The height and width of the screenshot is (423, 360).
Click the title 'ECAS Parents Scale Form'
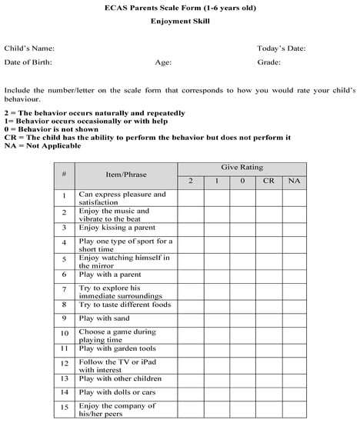[x=180, y=8]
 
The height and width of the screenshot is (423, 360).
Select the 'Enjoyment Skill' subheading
[x=180, y=23]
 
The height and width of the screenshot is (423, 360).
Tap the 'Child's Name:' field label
[x=29, y=48]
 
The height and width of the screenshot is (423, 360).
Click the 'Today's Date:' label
[x=281, y=48]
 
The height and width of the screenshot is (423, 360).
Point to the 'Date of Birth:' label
[x=30, y=62]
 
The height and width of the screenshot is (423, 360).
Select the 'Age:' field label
[x=163, y=62]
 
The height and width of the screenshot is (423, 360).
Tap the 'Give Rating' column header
[x=242, y=167]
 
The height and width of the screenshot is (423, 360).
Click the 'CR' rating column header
[x=268, y=181]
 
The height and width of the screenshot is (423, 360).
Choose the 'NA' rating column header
[x=294, y=181]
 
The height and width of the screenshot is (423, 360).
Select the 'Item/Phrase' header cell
[x=126, y=174]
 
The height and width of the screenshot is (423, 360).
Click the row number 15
[x=64, y=408]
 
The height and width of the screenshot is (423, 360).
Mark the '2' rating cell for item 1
[x=190, y=198]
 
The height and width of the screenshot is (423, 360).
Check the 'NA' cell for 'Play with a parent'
[x=294, y=274]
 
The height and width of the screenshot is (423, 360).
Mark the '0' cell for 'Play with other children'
[x=242, y=378]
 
